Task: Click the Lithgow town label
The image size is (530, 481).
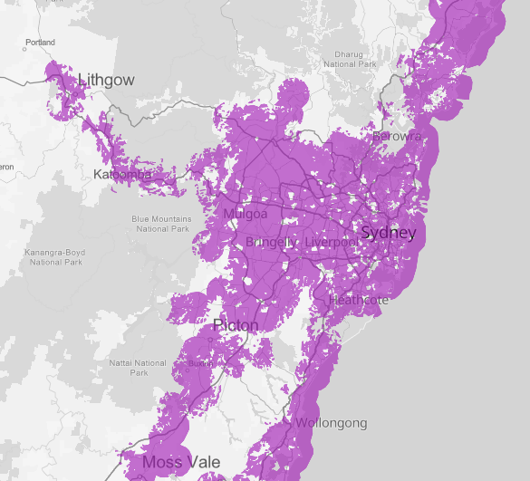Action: point(106,80)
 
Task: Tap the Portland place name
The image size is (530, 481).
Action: point(41,43)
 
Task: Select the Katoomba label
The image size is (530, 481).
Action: point(121,173)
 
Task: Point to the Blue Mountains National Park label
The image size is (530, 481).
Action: point(161,224)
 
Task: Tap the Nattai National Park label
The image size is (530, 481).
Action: point(139,367)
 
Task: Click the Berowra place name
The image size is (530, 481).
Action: point(397,136)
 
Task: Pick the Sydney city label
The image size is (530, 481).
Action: point(388,234)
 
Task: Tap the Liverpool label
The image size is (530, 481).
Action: point(332,243)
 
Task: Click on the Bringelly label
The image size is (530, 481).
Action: point(270,243)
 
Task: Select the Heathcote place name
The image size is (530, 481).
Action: point(359,300)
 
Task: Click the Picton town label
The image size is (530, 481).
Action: point(236,325)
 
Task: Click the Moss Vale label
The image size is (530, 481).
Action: point(180,463)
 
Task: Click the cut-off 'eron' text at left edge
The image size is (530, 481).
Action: point(7,167)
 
